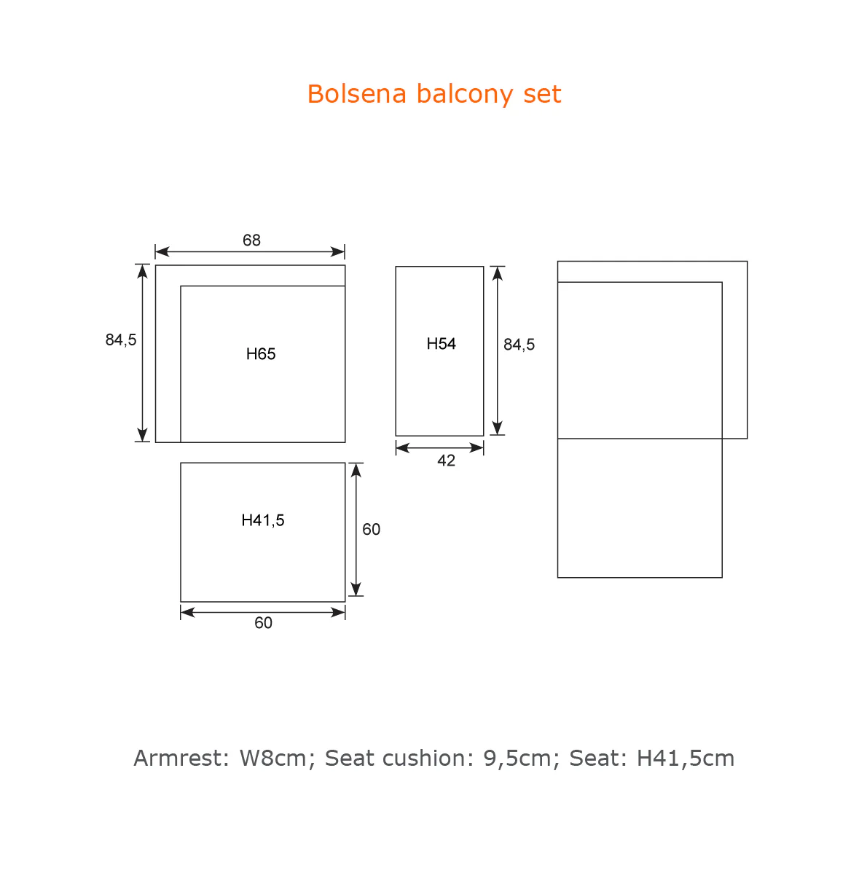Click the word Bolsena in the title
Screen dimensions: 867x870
(x=357, y=94)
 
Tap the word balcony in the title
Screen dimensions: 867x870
(x=465, y=95)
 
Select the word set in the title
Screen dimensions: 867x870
(x=543, y=94)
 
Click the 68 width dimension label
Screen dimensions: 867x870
(x=251, y=240)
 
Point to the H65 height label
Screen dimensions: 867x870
(x=261, y=354)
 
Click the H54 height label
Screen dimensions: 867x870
(x=441, y=344)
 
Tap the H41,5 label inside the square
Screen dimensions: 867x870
(x=263, y=520)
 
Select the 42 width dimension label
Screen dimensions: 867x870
(x=446, y=461)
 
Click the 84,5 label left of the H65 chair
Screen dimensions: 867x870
(x=121, y=340)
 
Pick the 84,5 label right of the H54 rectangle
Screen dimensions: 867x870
(x=519, y=345)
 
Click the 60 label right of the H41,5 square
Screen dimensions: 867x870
(x=371, y=529)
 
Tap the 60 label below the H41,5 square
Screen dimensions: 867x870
(x=263, y=623)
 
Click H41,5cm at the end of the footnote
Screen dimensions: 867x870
(x=686, y=759)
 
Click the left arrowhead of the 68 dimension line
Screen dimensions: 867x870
(x=162, y=252)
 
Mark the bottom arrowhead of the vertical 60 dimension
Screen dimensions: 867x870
(x=356, y=589)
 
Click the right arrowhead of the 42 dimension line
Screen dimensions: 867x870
(x=476, y=448)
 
